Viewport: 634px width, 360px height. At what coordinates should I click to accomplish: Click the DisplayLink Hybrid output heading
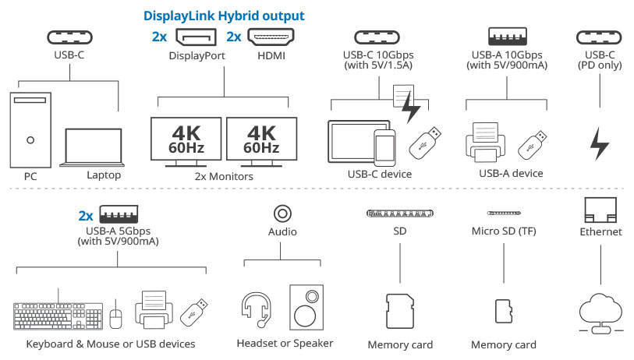click(223, 16)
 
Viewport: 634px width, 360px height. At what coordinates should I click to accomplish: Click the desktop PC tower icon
click(30, 129)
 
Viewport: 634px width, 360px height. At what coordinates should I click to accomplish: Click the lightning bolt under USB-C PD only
click(599, 143)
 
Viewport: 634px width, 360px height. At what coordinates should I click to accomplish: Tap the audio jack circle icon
click(282, 212)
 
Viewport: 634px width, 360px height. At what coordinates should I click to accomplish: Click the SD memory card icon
click(400, 310)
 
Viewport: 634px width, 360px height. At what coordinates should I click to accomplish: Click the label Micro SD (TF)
click(504, 231)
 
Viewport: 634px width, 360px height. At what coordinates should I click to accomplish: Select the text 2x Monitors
click(225, 177)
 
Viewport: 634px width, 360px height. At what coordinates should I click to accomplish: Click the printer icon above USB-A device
click(487, 141)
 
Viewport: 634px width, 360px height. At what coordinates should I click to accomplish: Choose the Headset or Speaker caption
click(285, 344)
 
